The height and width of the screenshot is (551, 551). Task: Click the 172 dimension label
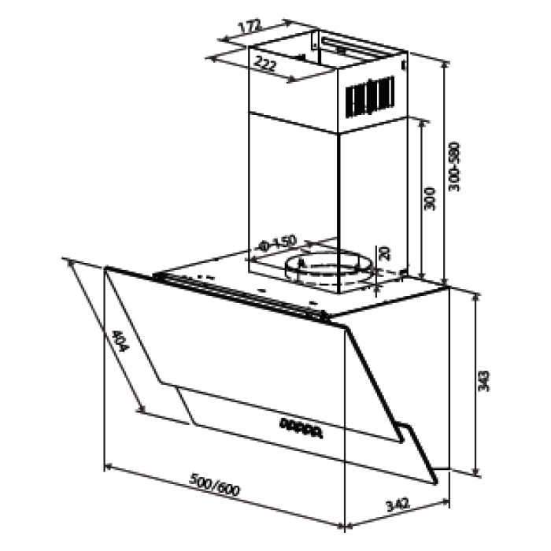click(x=250, y=28)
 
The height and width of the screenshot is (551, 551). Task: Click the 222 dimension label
click(x=265, y=64)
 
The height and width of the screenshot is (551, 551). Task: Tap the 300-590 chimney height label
click(x=454, y=167)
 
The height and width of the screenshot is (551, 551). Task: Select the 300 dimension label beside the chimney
click(x=430, y=199)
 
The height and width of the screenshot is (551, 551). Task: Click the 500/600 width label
click(x=214, y=485)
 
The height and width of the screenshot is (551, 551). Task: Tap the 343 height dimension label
click(x=484, y=381)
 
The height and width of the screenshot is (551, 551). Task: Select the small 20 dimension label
click(x=384, y=253)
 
